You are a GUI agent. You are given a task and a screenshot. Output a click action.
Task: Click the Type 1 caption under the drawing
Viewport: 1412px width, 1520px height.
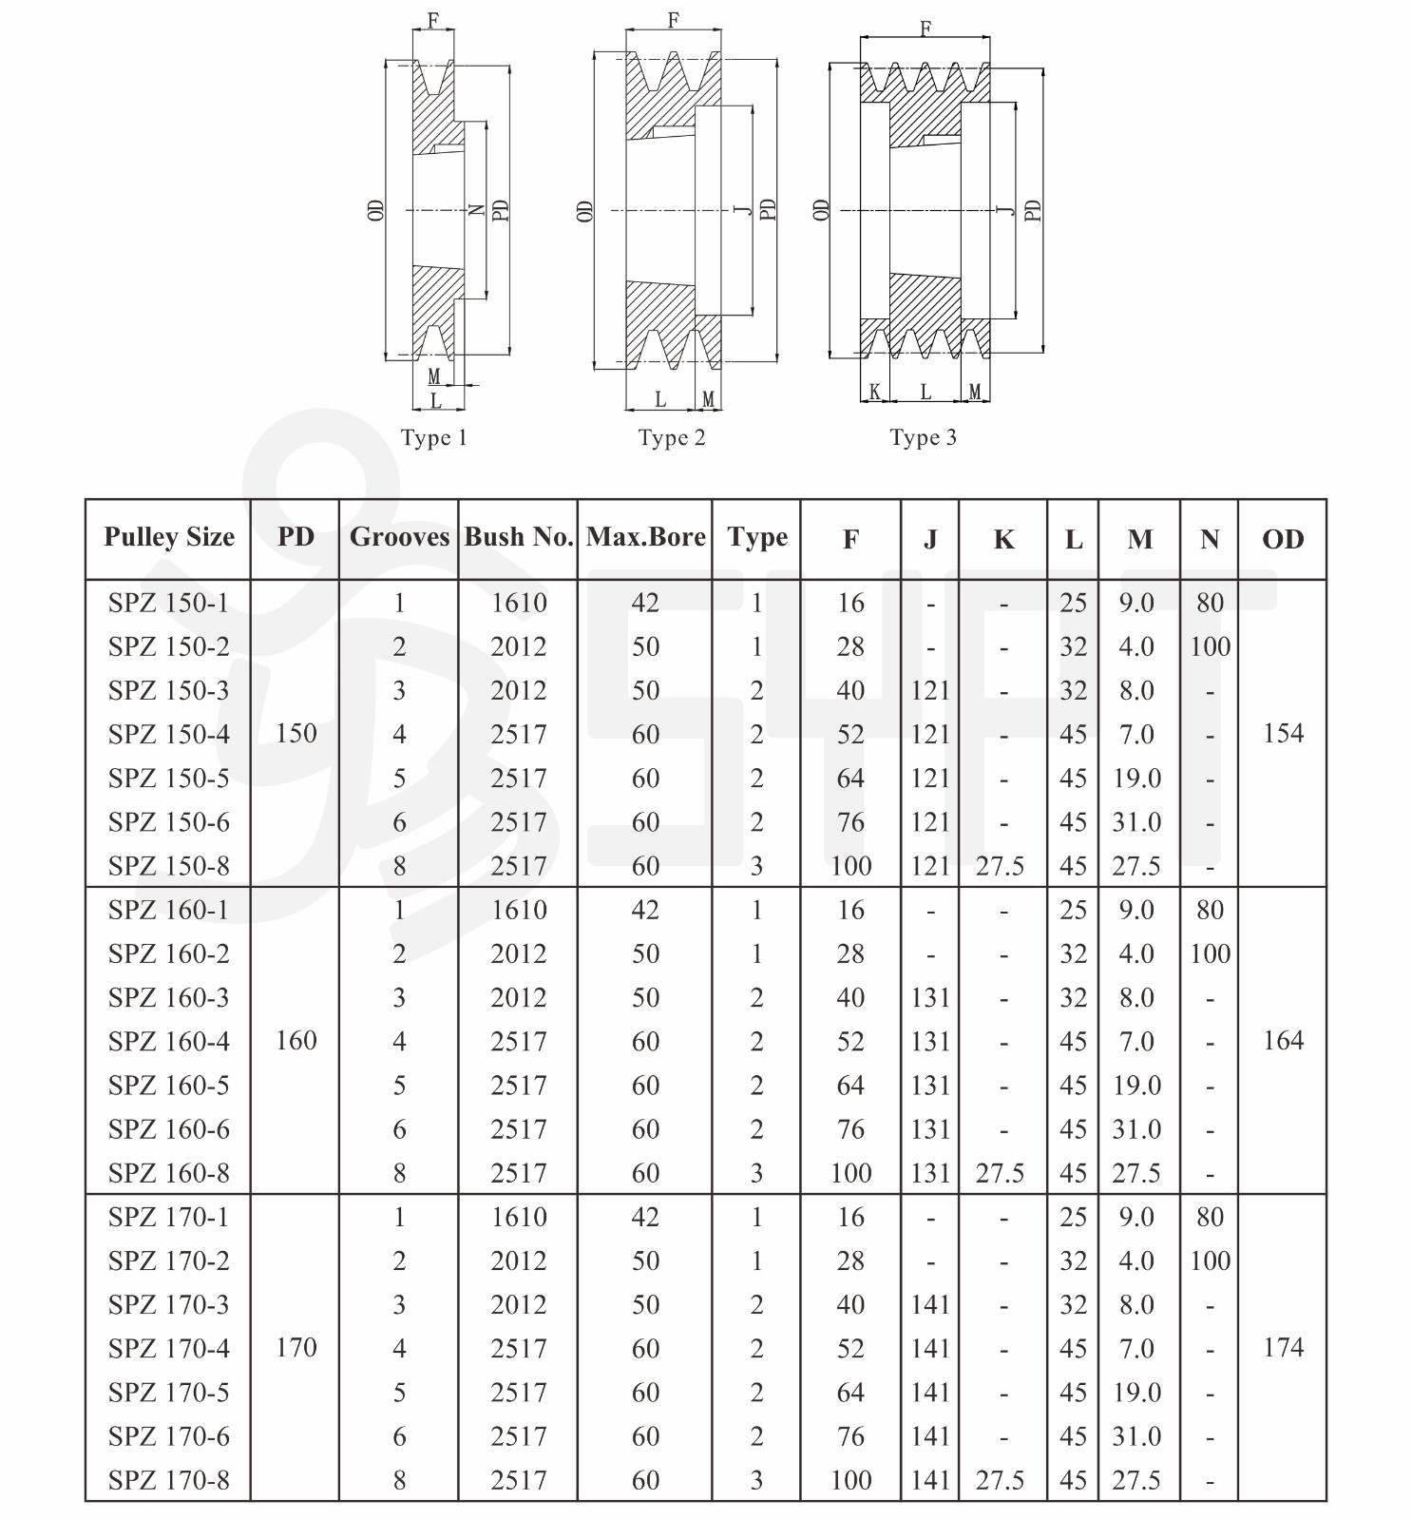point(433,438)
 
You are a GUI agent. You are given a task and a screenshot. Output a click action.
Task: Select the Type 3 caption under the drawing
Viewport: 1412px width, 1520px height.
point(923,438)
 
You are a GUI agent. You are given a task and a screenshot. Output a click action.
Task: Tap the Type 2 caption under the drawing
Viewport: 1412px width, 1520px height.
point(672,438)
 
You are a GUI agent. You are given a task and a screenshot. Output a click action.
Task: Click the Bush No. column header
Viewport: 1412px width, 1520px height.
point(518,537)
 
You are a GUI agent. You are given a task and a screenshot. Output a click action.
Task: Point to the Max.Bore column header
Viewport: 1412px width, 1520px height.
point(645,537)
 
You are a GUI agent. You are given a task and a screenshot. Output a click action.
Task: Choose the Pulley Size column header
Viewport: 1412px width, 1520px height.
point(169,537)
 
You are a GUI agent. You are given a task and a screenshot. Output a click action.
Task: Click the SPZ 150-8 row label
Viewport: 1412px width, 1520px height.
point(169,866)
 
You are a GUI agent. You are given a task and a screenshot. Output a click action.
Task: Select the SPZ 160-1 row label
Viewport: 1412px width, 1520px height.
point(169,910)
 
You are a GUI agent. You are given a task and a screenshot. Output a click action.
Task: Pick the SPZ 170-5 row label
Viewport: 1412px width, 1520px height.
point(169,1393)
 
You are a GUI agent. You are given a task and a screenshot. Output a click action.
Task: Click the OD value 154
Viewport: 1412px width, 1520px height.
point(1283,733)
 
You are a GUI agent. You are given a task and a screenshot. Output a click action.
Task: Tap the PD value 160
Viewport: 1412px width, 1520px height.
point(296,1041)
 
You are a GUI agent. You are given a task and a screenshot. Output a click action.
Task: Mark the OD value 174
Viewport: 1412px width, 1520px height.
point(1283,1348)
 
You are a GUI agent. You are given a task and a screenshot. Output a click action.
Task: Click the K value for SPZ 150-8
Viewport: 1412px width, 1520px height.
point(1000,866)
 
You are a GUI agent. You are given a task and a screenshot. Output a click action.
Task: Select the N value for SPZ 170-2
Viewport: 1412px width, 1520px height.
point(1210,1261)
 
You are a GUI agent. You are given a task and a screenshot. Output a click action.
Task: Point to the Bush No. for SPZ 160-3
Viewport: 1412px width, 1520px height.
point(518,998)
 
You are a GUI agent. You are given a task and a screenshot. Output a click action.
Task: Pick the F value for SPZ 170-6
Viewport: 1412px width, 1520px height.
point(850,1436)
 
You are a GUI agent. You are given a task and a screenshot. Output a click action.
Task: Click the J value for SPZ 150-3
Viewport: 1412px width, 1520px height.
point(929,690)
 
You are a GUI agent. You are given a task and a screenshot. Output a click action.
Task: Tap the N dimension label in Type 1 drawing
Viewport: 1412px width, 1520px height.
point(477,210)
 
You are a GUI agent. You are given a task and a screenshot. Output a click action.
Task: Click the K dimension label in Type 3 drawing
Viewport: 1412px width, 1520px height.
point(874,392)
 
